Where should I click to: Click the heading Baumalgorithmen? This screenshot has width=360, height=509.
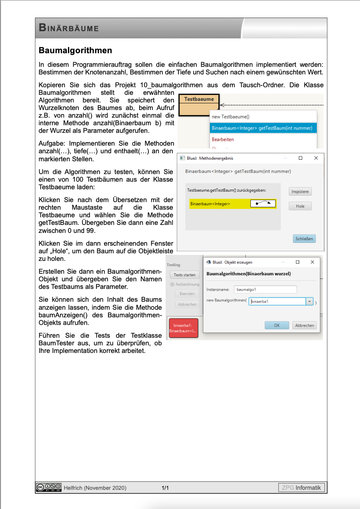pyautogui.click(x=75, y=50)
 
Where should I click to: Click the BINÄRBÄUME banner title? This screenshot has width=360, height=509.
pyautogui.click(x=69, y=28)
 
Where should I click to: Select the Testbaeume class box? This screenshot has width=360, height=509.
pyautogui.click(x=199, y=104)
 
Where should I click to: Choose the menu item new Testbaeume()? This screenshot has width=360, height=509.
pyautogui.click(x=230, y=117)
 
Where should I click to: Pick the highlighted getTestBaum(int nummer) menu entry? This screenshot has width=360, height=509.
pyautogui.click(x=262, y=128)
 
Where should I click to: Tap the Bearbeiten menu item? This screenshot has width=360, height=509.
pyautogui.click(x=223, y=139)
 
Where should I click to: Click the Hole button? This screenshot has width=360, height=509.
pyautogui.click(x=300, y=206)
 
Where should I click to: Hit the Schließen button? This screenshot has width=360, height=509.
pyautogui.click(x=304, y=238)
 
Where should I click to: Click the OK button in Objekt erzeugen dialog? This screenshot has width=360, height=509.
pyautogui.click(x=276, y=325)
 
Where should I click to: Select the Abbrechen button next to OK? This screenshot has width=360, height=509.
pyautogui.click(x=304, y=325)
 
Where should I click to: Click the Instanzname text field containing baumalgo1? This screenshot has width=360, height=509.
pyautogui.click(x=266, y=289)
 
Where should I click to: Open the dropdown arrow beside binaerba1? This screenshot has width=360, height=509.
pyautogui.click(x=309, y=301)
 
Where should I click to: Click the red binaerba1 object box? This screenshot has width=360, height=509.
pyautogui.click(x=184, y=328)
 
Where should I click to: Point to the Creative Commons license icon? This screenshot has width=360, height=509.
pyautogui.click(x=48, y=487)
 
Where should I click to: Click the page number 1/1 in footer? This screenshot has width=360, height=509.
pyautogui.click(x=165, y=488)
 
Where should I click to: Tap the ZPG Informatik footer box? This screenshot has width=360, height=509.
pyautogui.click(x=302, y=487)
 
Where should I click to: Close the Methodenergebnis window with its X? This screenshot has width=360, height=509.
pyautogui.click(x=316, y=158)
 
